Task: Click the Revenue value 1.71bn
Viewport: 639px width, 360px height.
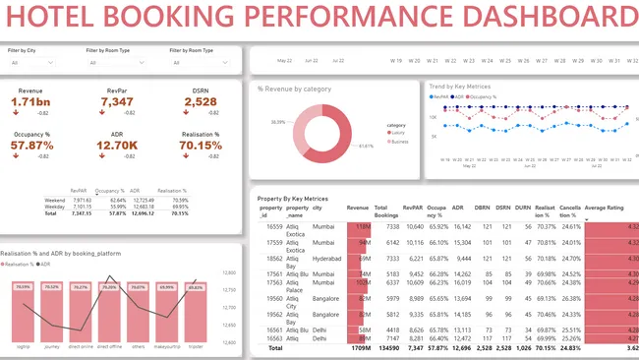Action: [x=29, y=102]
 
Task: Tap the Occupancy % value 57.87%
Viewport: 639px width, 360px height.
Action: [x=33, y=146]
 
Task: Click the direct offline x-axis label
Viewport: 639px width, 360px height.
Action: [x=109, y=346]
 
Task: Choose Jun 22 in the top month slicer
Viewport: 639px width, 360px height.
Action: [x=312, y=60]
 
